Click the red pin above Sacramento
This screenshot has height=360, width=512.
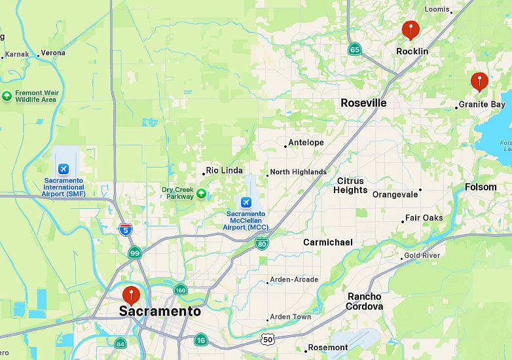(132, 295)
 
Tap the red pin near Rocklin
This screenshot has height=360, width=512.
(411, 29)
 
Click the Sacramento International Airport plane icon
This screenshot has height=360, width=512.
(64, 169)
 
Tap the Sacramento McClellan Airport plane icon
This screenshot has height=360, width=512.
(246, 202)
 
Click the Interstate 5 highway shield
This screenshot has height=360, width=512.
(126, 230)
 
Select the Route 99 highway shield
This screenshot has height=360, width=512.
(135, 253)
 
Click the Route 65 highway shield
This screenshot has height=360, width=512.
(355, 49)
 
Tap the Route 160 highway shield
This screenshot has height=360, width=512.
(180, 290)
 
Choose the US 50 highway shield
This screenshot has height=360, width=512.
(266, 338)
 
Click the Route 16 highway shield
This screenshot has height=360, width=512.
(201, 339)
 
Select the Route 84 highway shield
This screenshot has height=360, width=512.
(120, 344)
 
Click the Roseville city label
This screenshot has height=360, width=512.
(363, 103)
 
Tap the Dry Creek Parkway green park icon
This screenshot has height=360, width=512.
(201, 193)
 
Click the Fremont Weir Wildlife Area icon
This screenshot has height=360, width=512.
(7, 96)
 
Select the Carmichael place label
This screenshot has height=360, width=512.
(327, 242)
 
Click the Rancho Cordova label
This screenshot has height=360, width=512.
(365, 301)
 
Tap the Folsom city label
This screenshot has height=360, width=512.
(481, 187)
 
